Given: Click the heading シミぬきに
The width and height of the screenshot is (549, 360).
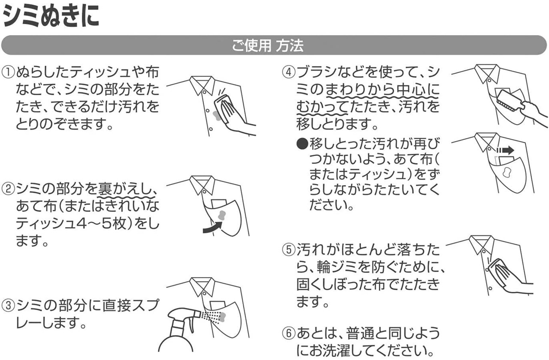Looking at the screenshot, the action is pyautogui.click(x=51, y=18).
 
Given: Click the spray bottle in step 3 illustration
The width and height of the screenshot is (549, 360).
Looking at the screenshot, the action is pyautogui.click(x=178, y=330).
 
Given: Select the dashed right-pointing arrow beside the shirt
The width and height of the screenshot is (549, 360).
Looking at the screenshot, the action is pyautogui.click(x=505, y=150).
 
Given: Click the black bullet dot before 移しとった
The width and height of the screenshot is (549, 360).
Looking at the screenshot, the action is pyautogui.click(x=302, y=143).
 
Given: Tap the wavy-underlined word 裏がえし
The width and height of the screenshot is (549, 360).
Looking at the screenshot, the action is pyautogui.click(x=124, y=188).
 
